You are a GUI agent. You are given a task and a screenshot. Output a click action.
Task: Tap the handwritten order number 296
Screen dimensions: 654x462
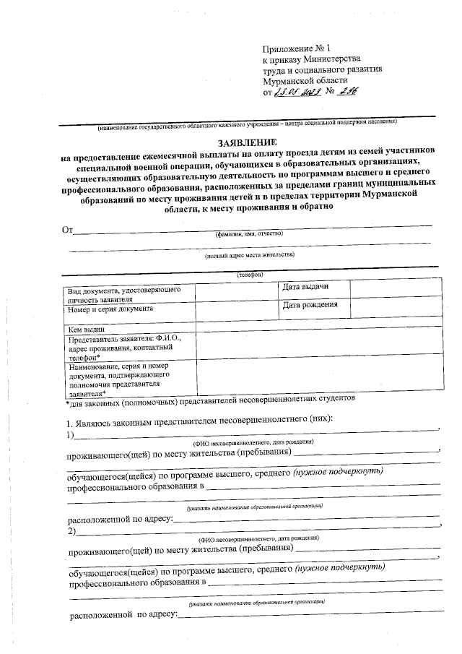(346, 93)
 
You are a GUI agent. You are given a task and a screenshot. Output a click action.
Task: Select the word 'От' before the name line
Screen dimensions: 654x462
(69, 231)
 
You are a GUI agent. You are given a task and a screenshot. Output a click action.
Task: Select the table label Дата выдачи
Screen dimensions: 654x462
(306, 287)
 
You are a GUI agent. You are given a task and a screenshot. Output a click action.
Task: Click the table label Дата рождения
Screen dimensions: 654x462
(310, 305)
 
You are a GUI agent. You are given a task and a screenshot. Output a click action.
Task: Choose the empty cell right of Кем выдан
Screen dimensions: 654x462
(317, 328)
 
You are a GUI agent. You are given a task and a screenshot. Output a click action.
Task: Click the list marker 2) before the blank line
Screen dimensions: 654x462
(71, 532)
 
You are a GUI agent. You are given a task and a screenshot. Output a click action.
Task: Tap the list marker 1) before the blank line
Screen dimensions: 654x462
(71, 434)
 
